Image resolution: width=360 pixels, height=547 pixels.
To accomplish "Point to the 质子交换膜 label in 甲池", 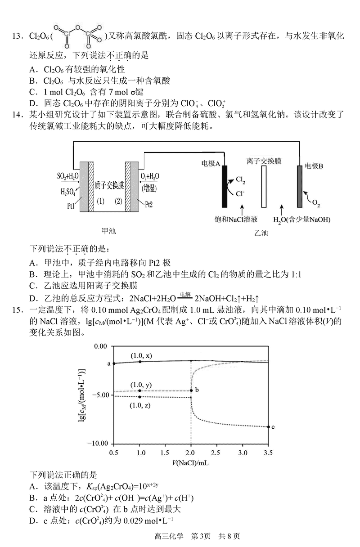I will (x=109, y=185).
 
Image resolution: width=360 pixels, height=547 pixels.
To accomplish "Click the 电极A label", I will (x=211, y=165).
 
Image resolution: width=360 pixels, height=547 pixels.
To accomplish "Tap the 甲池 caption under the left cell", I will (x=109, y=231).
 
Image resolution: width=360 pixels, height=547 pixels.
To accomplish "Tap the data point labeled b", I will (x=191, y=390).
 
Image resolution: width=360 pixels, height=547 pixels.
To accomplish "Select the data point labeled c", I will (x=268, y=427).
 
